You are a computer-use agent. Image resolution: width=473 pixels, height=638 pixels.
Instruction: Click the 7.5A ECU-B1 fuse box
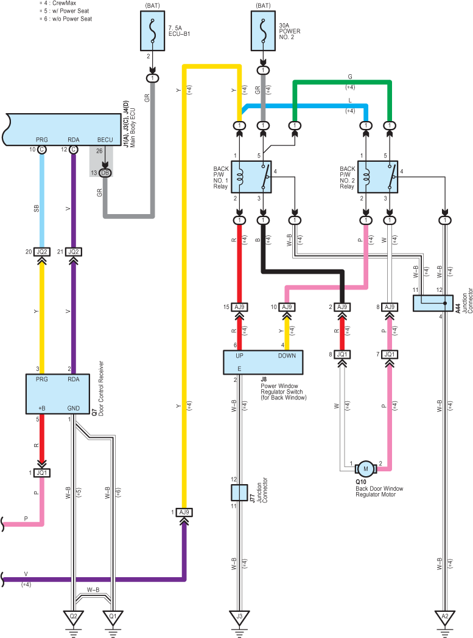(152, 31)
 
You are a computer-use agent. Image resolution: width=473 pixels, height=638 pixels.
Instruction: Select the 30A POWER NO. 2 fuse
(263, 31)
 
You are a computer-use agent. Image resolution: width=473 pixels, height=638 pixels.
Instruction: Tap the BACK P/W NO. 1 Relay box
(251, 177)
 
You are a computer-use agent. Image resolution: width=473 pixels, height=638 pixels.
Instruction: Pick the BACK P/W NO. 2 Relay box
(377, 177)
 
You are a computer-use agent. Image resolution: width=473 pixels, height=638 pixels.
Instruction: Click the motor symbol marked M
(366, 469)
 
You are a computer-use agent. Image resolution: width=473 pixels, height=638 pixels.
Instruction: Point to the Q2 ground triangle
(73, 617)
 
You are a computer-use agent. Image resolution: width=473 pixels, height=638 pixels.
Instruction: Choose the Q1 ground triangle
(113, 617)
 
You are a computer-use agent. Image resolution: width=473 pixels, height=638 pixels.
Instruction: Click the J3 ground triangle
(240, 617)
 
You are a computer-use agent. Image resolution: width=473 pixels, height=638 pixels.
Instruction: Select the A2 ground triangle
(445, 617)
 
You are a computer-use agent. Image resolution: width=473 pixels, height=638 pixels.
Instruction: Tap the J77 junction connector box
(240, 492)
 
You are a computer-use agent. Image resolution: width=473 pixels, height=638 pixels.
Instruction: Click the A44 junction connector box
(433, 303)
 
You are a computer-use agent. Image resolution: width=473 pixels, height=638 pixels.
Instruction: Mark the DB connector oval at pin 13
(105, 173)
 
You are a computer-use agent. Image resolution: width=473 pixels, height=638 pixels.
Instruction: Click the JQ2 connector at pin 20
(41, 252)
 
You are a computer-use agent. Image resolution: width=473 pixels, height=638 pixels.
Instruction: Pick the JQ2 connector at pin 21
(73, 252)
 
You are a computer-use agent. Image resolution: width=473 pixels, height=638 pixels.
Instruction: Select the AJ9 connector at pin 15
(240, 307)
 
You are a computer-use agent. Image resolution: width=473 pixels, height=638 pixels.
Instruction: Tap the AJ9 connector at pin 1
(184, 512)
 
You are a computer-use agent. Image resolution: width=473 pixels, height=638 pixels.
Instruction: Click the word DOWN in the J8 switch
(287, 356)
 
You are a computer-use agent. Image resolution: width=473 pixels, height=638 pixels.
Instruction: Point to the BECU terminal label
(105, 139)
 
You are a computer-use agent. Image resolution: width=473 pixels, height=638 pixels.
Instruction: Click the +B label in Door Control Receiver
(41, 408)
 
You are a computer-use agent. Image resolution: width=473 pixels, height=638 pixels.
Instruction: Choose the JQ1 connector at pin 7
(390, 355)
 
